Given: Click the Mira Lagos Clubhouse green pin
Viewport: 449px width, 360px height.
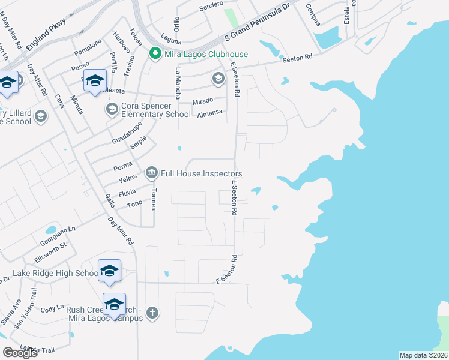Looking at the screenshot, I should pyautogui.click(x=154, y=54).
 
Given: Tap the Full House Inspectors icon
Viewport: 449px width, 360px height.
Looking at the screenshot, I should pyautogui.click(x=151, y=174).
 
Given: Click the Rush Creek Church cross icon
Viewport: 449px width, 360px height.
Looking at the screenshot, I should pyautogui.click(x=153, y=313).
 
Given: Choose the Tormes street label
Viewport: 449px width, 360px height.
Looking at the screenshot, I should pyautogui.click(x=154, y=199).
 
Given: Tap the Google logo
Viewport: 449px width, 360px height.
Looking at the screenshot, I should pyautogui.click(x=20, y=353).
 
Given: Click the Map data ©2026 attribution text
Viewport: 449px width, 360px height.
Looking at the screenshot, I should pyautogui.click(x=423, y=355).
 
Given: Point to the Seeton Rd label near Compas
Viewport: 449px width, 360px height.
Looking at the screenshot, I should pyautogui.click(x=300, y=58).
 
